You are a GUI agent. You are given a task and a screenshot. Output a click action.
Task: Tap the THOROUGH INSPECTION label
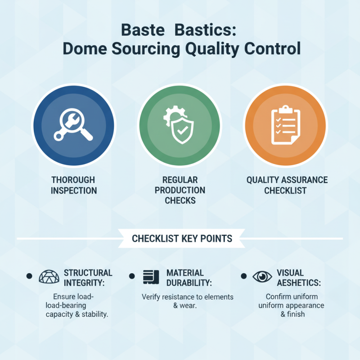pyautogui.click(x=73, y=185)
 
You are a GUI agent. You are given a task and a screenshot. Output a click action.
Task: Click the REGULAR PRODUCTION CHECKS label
pyautogui.click(x=180, y=190)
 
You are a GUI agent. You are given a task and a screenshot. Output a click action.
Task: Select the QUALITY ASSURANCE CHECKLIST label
pyautogui.click(x=287, y=185)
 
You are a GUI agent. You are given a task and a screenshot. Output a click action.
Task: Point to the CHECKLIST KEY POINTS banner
pyautogui.click(x=182, y=238)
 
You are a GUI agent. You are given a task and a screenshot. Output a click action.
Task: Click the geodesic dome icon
pyautogui.click(x=49, y=277)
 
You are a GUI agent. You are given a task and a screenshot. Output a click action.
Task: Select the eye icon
pyautogui.click(x=262, y=277)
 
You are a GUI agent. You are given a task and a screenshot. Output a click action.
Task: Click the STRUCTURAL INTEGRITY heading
pyautogui.click(x=88, y=278)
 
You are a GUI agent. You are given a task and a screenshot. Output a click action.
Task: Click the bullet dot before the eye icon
pyautogui.click(x=243, y=276)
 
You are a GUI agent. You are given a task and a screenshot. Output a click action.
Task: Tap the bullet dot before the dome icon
pyautogui.click(x=30, y=276)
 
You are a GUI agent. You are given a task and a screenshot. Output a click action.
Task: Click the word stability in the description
pyautogui.click(x=94, y=314)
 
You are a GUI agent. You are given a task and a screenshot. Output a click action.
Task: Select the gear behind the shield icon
pyautogui.click(x=170, y=116)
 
